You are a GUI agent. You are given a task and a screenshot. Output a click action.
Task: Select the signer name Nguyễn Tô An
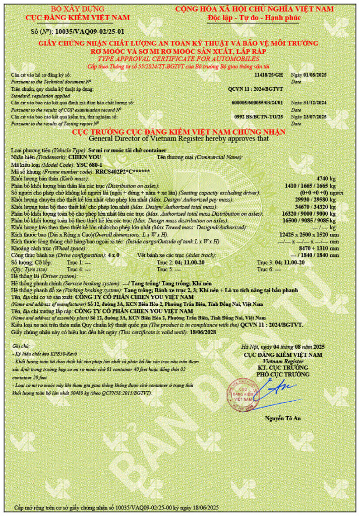(x=283, y=419)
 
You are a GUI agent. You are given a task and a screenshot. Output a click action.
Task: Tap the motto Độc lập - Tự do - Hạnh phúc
(x=254, y=18)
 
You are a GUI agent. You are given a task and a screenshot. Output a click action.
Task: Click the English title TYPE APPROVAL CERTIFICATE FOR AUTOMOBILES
(x=180, y=59)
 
